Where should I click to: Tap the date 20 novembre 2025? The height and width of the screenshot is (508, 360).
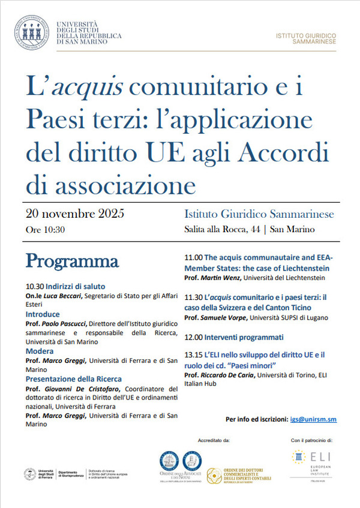pyautogui.click(x=75, y=214)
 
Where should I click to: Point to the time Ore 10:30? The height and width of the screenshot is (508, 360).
pyautogui.click(x=45, y=229)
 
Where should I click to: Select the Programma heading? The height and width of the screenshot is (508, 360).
pyautogui.click(x=71, y=261)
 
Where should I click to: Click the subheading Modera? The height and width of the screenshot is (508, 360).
pyautogui.click(x=40, y=351)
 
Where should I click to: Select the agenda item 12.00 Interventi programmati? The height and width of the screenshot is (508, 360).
pyautogui.click(x=233, y=337)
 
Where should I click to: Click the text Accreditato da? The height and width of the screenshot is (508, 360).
pyautogui.click(x=214, y=440)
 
